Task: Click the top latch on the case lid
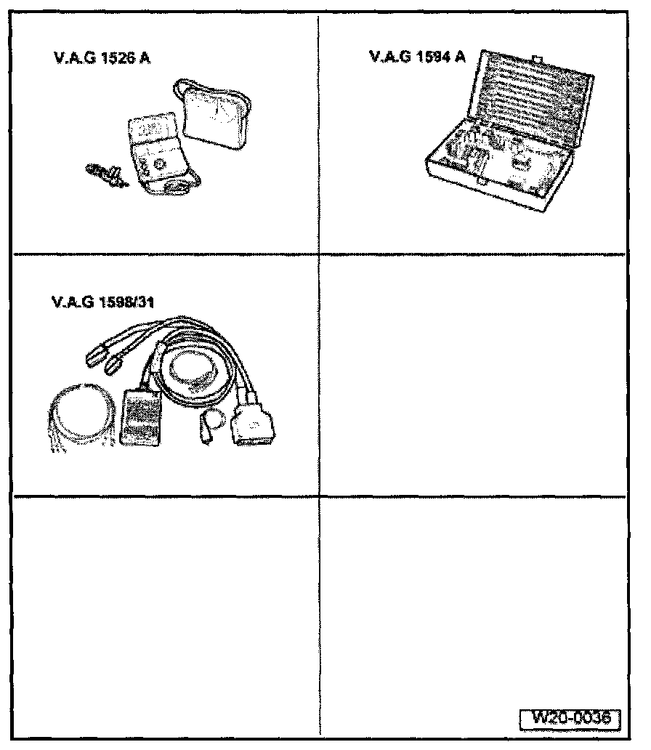[x=538, y=58]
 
